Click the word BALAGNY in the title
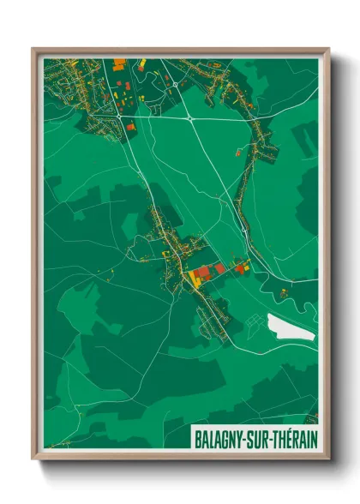[x=216, y=437]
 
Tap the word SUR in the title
[x=255, y=437]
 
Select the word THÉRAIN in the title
[x=294, y=437]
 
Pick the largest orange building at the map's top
[x=119, y=64]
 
